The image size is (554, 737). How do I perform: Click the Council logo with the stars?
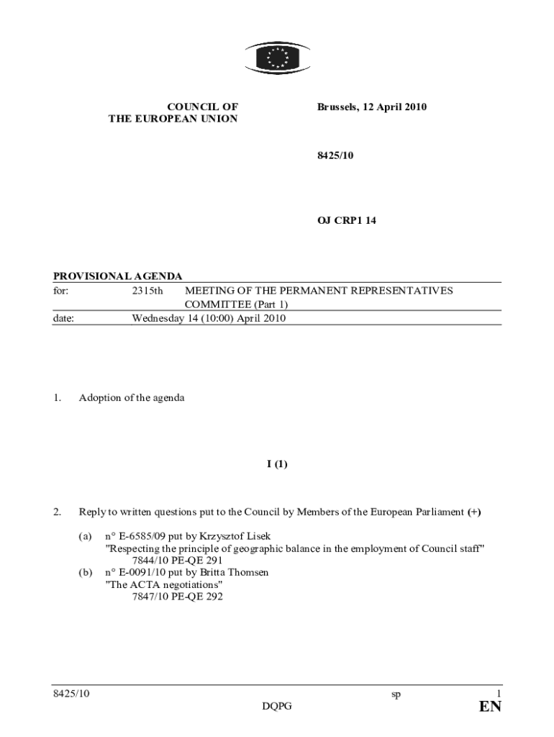pos(277,57)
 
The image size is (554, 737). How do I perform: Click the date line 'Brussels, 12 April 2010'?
pos(372,107)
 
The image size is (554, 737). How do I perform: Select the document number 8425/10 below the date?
pos(335,163)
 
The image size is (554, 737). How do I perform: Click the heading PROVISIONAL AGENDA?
pos(118,276)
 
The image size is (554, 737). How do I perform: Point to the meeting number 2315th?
pos(147,291)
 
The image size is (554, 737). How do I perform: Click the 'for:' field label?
pos(61,291)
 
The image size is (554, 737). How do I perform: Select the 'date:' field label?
pos(64,317)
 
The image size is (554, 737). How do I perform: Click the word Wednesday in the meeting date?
pos(158,317)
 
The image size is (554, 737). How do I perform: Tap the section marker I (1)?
pos(277,464)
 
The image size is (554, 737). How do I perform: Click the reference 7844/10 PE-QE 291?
pos(178,560)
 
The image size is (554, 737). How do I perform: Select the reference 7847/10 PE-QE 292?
pos(178,597)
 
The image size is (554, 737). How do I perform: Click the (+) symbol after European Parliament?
pos(473,512)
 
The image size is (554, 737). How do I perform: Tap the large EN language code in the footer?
pos(490,707)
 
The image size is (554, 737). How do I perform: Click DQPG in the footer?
pos(277,707)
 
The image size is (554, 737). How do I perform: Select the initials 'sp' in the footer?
pos(396,695)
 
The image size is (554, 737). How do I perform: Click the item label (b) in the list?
pos(86,572)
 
